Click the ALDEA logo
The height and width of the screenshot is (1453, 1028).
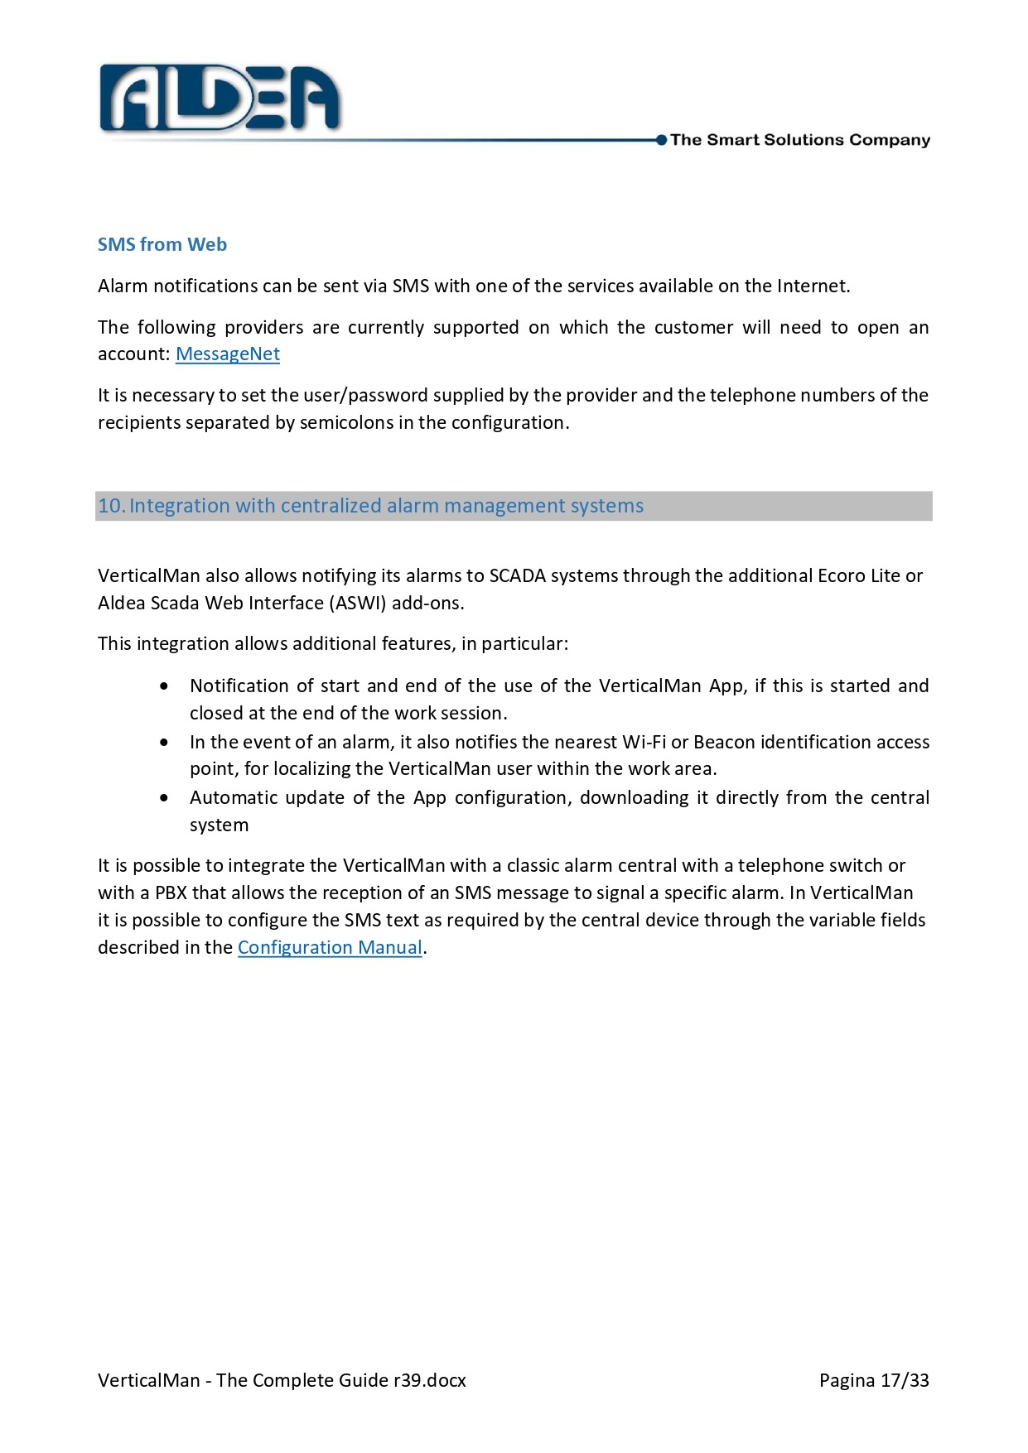220,99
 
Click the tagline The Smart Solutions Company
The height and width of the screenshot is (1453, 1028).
800,140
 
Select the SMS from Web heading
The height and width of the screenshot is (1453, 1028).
162,244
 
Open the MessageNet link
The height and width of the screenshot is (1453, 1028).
228,354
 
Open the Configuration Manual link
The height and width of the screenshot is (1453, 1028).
330,948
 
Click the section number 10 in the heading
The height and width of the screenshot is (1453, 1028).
110,506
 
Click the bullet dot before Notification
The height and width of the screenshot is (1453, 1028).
166,686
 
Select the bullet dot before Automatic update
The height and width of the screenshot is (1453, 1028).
166,798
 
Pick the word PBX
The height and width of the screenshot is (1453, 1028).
171,892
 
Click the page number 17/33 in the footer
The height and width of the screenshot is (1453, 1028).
905,1380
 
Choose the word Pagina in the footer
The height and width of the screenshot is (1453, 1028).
847,1380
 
